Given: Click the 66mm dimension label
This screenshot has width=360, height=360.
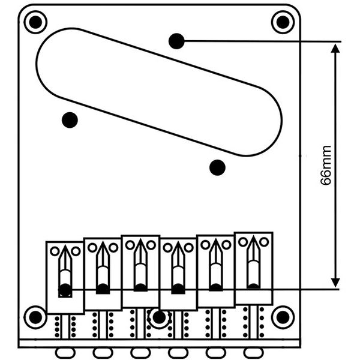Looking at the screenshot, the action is [x=326, y=165].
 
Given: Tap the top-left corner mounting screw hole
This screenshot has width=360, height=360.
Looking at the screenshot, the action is [x=35, y=22].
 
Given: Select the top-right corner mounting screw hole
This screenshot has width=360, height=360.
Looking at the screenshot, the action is [x=283, y=22].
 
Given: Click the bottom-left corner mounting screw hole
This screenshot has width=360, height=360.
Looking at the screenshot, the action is [x=35, y=317].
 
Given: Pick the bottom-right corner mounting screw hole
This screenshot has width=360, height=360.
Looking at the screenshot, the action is [x=283, y=317].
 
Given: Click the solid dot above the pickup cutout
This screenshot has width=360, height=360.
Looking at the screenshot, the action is [x=176, y=41].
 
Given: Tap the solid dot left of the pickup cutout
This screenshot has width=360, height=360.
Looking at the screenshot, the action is [x=70, y=120].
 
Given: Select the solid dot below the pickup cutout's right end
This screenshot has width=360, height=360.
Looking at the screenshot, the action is [x=217, y=167].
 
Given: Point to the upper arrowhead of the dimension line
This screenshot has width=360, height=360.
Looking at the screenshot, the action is [x=335, y=49].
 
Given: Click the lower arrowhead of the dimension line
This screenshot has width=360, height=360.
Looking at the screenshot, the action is [x=335, y=283].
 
